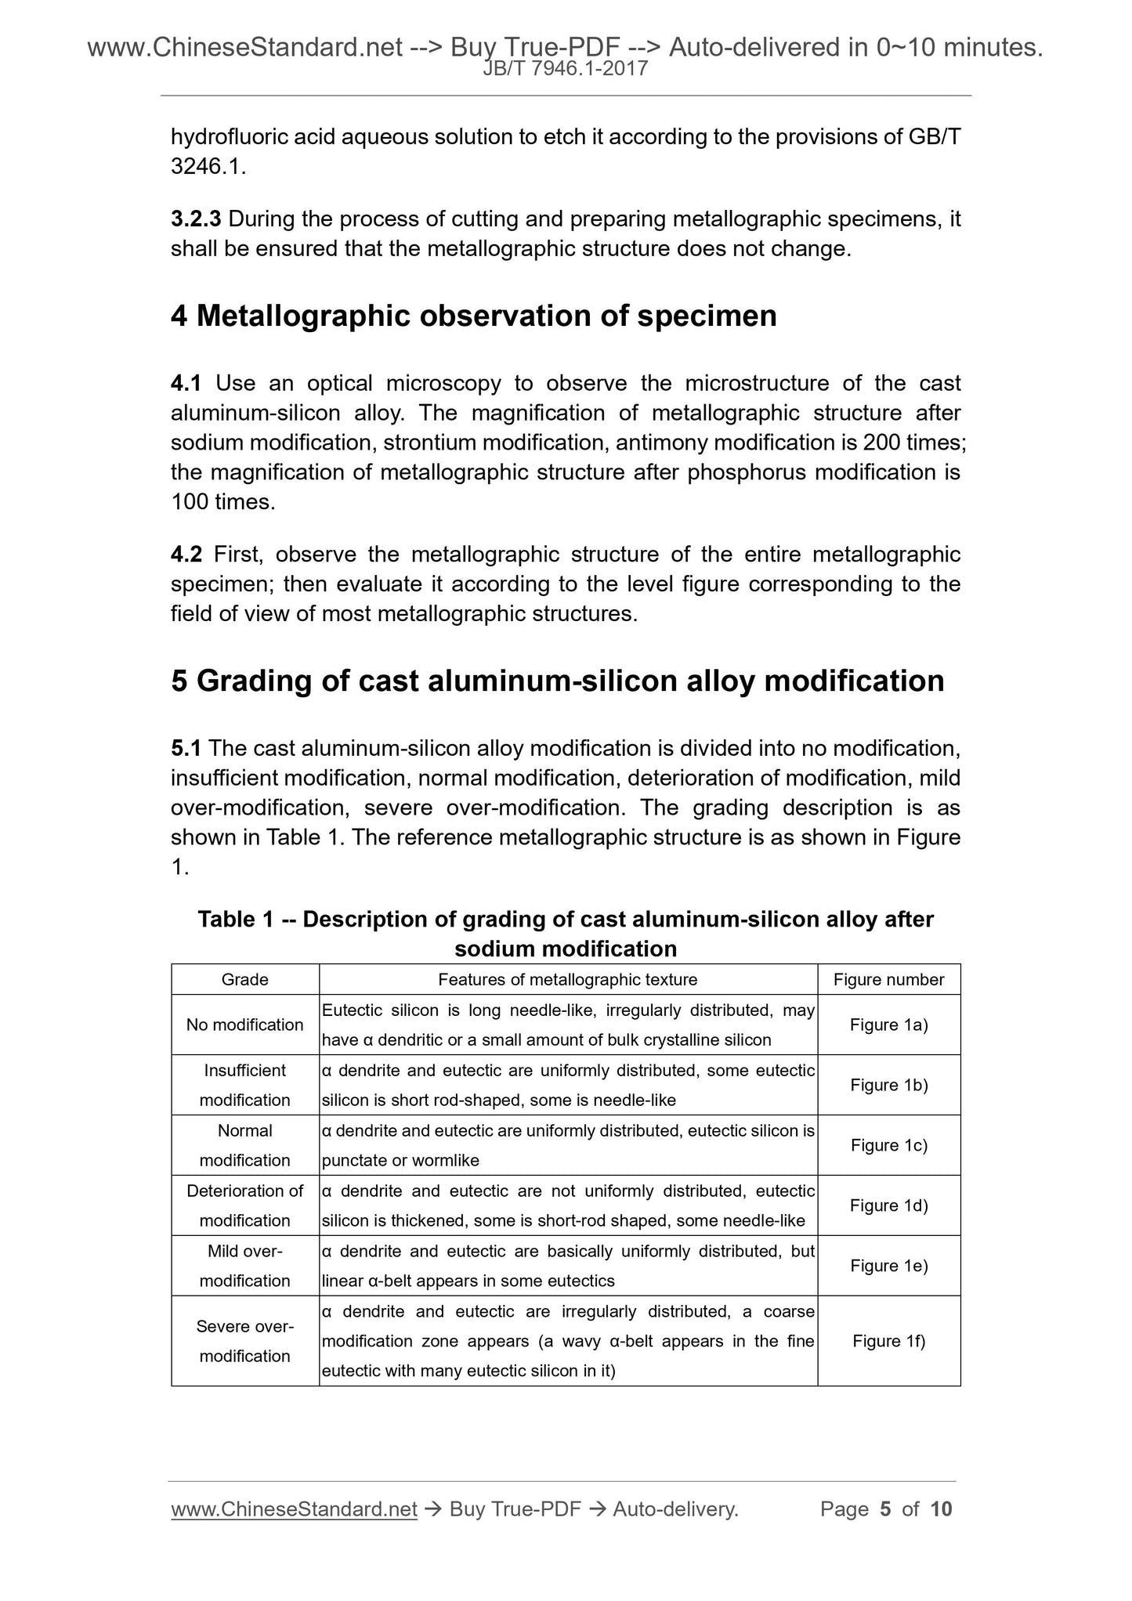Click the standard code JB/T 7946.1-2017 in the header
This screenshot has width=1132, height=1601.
[x=565, y=69]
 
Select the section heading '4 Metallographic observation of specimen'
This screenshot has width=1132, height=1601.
[x=473, y=316]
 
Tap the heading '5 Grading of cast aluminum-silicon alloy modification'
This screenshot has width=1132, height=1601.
[x=557, y=680]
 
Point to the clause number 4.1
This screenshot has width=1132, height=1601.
[x=186, y=383]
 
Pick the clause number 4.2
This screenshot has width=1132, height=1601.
[x=186, y=555]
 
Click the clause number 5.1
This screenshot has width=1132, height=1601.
[x=186, y=748]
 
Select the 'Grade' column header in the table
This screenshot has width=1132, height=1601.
[x=244, y=979]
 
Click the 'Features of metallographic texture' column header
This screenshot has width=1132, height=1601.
[x=567, y=979]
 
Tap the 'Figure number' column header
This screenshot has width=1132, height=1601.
[x=888, y=979]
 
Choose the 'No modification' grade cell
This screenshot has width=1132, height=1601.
[x=244, y=1025]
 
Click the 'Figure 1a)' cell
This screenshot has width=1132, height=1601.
[x=888, y=1025]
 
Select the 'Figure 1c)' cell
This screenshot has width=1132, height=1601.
[x=888, y=1145]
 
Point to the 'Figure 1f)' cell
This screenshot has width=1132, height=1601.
[x=888, y=1341]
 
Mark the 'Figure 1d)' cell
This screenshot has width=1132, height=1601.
[x=888, y=1205]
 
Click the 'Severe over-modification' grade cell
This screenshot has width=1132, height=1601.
[x=244, y=1341]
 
